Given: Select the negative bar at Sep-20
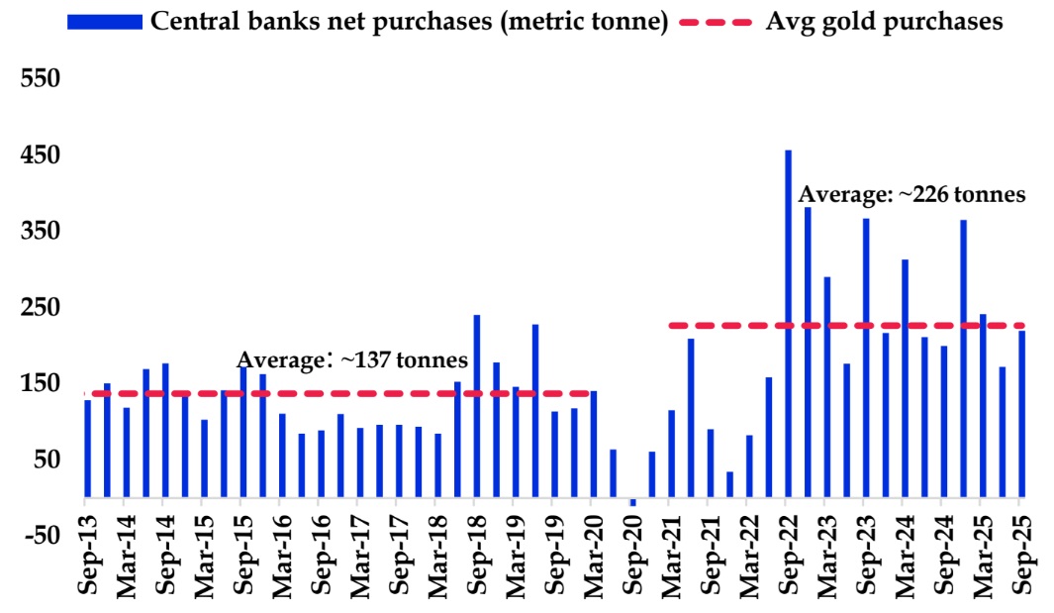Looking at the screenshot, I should click(633, 502).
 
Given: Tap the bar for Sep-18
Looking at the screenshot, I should click(477, 406).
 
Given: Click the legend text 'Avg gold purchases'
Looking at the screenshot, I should click(884, 22).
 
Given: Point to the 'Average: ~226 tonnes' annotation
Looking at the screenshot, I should click(911, 194).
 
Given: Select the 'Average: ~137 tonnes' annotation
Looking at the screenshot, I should click(351, 360).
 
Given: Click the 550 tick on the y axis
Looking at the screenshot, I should click(41, 79).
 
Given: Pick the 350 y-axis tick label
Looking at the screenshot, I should click(41, 232).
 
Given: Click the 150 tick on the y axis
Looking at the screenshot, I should click(41, 384).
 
